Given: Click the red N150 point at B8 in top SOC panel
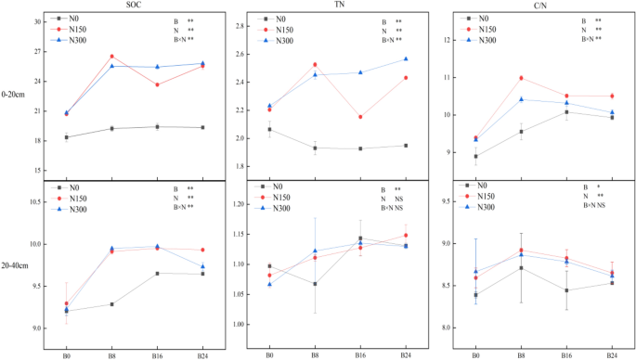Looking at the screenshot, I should pyautogui.click(x=111, y=57).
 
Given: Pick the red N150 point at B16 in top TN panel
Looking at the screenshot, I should pyautogui.click(x=360, y=117).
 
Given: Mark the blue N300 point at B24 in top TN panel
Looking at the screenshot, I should pyautogui.click(x=405, y=59).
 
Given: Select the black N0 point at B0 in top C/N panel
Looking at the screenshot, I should pyautogui.click(x=476, y=156).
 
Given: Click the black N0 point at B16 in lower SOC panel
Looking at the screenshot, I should pyautogui.click(x=157, y=273).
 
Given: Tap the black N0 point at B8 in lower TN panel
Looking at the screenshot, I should pyautogui.click(x=315, y=284).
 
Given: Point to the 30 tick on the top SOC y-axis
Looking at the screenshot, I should pyautogui.click(x=37, y=21).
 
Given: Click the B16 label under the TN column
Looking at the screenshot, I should pyautogui.click(x=360, y=354).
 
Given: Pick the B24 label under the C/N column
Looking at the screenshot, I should pyautogui.click(x=612, y=354).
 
